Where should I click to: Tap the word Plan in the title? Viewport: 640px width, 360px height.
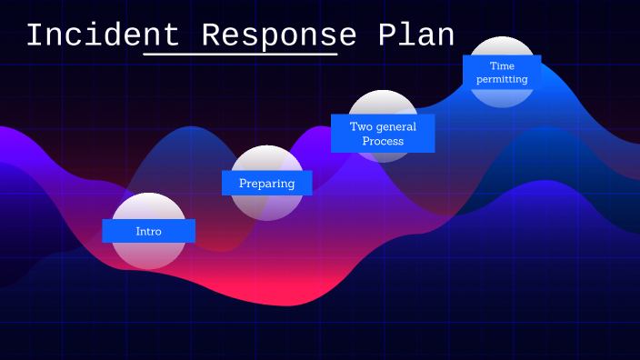[415, 35]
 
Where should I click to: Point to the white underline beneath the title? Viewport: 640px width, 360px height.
[240, 55]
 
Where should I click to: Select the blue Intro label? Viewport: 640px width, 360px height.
[148, 231]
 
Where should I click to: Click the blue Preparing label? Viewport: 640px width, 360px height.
[266, 183]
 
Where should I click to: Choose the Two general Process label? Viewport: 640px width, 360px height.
[383, 134]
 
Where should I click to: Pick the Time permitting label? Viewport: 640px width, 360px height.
[502, 73]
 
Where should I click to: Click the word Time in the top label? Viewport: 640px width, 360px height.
[502, 65]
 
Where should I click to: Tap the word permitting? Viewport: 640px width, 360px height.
[502, 80]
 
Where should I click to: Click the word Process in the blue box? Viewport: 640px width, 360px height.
[383, 142]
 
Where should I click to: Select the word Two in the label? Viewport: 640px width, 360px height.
[361, 126]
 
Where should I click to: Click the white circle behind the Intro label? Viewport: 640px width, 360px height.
[148, 255]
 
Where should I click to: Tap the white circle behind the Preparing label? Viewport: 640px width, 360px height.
[266, 205]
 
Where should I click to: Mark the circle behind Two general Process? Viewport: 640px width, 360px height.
[383, 104]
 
